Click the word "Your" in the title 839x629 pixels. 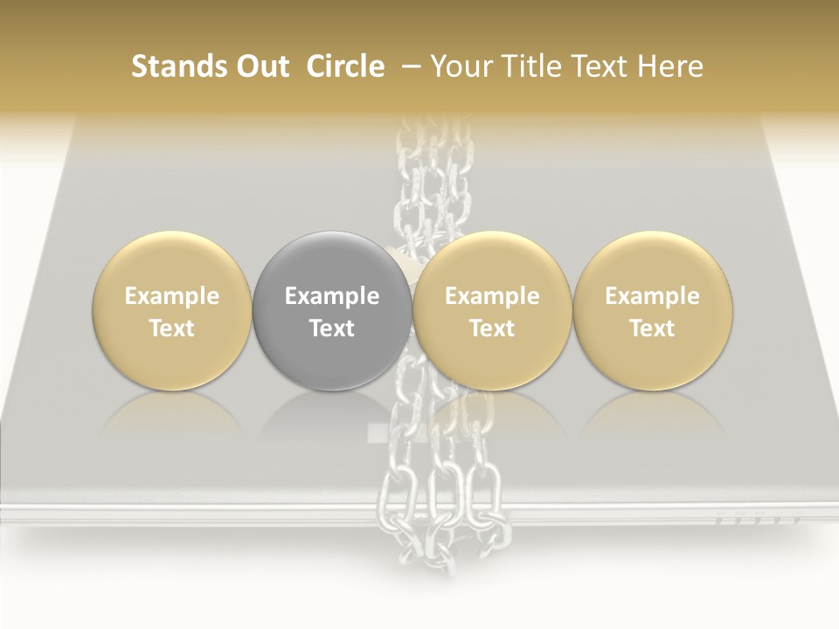pos(461,66)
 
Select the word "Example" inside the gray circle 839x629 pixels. pos(332,296)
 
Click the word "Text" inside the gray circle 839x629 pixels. pos(332,328)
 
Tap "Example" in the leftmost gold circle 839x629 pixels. pos(172,296)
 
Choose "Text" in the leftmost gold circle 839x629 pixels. pos(172,328)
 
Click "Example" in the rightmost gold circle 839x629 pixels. pos(652,296)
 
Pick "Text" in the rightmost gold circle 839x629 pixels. pos(652,328)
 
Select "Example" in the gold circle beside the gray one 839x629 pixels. pos(492,296)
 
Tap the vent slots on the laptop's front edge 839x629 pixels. pos(758,519)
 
